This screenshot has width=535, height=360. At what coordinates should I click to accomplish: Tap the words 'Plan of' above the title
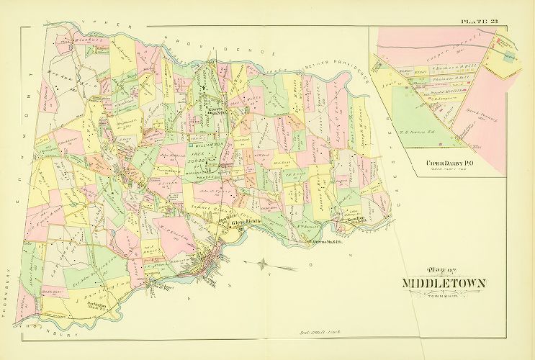441,270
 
